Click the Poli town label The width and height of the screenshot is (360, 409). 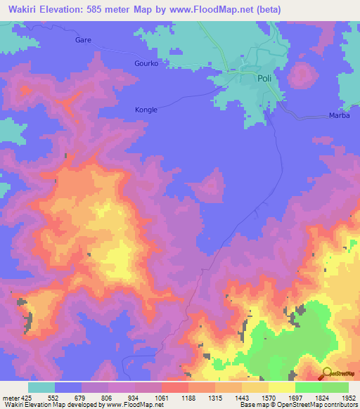[x=264, y=79]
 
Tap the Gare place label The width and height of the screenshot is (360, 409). [x=84, y=41]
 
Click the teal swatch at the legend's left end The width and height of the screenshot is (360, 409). [x=41, y=387]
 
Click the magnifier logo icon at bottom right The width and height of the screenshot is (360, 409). [x=327, y=372]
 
